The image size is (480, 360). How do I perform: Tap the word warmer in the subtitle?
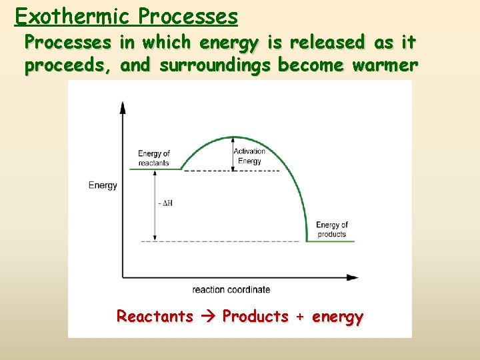point(383,66)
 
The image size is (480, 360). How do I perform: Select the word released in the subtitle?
point(326,43)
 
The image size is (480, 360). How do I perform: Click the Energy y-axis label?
point(103,185)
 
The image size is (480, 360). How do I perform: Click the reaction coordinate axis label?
point(231,289)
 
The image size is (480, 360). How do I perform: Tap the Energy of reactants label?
point(154,158)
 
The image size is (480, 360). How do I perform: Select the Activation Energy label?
point(250,156)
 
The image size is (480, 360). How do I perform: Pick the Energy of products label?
point(331,229)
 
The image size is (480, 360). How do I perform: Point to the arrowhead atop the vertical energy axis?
point(123,107)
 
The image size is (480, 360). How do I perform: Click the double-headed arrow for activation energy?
point(233,154)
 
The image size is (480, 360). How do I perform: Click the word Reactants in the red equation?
point(155,316)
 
